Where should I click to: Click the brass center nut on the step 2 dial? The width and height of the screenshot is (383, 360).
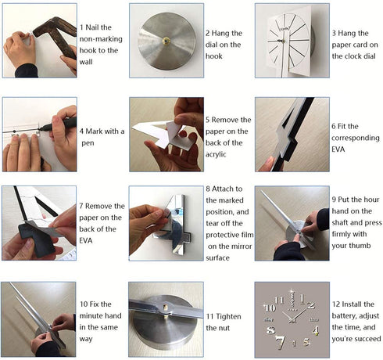click(x=166, y=41)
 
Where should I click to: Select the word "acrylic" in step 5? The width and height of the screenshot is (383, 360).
click(x=216, y=154)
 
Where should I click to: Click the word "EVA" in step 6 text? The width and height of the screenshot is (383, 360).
click(x=338, y=149)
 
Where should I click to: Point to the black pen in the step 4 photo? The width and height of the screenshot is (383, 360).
click(x=58, y=124)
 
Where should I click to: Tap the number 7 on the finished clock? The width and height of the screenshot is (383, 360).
click(x=281, y=342)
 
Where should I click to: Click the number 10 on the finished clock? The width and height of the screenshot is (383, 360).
click(x=270, y=308)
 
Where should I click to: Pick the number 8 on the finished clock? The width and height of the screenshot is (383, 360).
click(x=270, y=330)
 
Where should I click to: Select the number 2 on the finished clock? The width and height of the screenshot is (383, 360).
click(x=310, y=305)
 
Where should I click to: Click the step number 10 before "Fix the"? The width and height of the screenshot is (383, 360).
click(x=84, y=304)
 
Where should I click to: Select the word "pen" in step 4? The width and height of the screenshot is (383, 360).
click(x=88, y=143)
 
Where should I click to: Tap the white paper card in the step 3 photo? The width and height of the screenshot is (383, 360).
click(x=289, y=41)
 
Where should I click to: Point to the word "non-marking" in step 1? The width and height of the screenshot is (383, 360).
click(x=101, y=39)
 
